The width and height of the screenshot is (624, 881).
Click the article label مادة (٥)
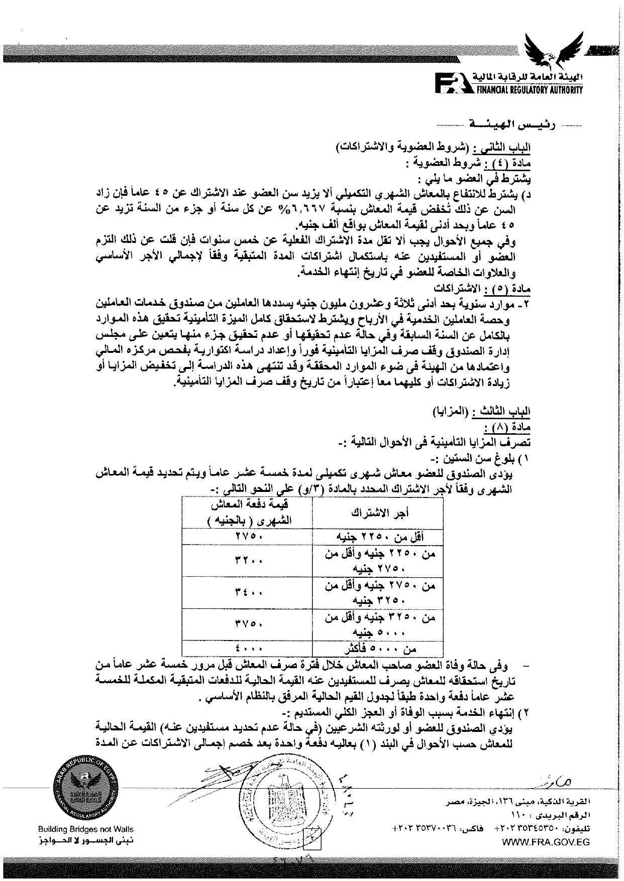tap(508, 290)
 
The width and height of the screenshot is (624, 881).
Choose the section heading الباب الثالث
tap(508, 412)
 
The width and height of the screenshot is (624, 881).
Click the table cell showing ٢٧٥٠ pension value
tap(246, 537)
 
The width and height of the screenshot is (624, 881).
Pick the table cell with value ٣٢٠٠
tap(246, 561)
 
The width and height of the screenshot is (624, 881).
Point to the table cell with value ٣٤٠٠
tap(246, 593)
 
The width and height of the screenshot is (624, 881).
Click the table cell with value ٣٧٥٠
tap(246, 624)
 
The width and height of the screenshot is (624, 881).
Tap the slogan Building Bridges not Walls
tap(86, 829)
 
